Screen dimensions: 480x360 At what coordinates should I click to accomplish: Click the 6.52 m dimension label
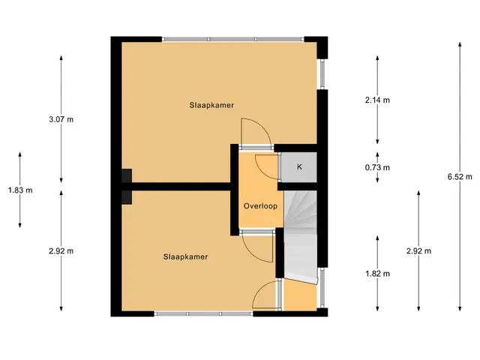pyautogui.click(x=460, y=177)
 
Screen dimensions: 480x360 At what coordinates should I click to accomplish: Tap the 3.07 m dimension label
pyautogui.click(x=61, y=119)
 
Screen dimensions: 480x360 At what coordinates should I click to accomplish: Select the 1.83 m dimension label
pyautogui.click(x=20, y=190)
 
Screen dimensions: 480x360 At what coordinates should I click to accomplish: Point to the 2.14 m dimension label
pyautogui.click(x=377, y=100)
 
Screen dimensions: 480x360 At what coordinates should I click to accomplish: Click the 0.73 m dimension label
pyautogui.click(x=377, y=167)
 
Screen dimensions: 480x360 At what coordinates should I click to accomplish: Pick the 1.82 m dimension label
pyautogui.click(x=377, y=274)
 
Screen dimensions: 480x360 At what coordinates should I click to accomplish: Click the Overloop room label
pyautogui.click(x=260, y=206)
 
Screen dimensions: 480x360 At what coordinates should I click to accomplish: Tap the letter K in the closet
pyautogui.click(x=299, y=166)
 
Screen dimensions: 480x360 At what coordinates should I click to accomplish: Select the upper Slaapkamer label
pyautogui.click(x=211, y=105)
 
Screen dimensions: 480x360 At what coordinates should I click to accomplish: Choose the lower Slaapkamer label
pyautogui.click(x=185, y=256)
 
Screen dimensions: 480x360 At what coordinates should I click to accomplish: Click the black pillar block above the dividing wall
pyautogui.click(x=127, y=175)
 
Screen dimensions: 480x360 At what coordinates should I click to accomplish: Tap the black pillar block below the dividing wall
pyautogui.click(x=127, y=197)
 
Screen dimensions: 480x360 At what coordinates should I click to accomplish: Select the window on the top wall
pyautogui.click(x=232, y=39)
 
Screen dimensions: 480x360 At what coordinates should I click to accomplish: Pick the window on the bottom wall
pyautogui.click(x=203, y=313)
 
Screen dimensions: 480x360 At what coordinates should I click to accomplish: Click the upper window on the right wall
pyautogui.click(x=322, y=74)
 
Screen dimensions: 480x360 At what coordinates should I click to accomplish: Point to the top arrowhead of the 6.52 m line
pyautogui.click(x=460, y=44)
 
